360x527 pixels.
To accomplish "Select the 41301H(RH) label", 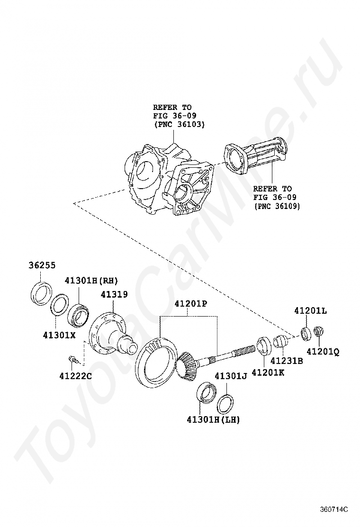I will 91,280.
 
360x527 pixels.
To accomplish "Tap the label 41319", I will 114,294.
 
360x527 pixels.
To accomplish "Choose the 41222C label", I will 76,376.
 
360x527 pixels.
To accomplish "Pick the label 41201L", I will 310,311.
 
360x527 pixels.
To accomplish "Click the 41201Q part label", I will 323,352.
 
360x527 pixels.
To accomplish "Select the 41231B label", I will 286,361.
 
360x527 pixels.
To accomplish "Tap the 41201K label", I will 268,373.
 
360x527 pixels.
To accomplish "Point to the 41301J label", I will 231,376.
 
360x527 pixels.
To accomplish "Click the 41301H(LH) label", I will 213,419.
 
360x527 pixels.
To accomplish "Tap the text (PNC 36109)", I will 277,207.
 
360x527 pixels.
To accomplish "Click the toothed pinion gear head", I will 187,365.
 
